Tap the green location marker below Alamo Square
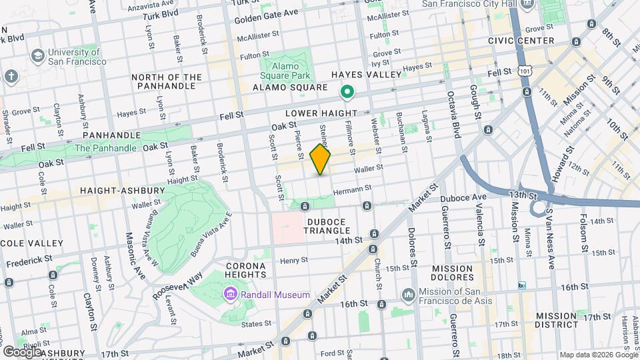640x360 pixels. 347,92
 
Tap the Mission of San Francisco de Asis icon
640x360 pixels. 408,294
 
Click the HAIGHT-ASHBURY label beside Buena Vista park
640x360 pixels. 122,191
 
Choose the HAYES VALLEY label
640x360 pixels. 372,75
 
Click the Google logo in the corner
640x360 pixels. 22,351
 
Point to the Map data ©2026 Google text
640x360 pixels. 597,355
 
